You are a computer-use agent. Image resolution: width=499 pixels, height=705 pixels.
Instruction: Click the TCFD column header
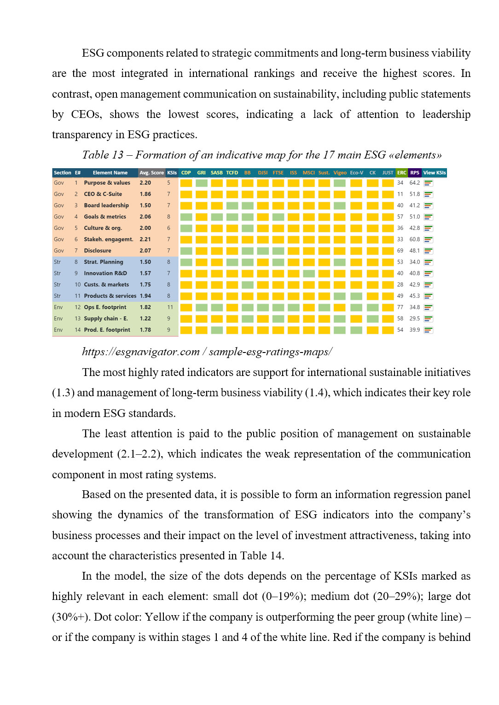(x=232, y=173)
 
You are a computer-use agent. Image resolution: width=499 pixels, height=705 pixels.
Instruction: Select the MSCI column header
(x=308, y=173)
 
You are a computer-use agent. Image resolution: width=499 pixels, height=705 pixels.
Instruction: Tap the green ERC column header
(x=401, y=173)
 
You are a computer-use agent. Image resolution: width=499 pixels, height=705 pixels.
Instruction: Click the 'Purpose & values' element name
(x=107, y=183)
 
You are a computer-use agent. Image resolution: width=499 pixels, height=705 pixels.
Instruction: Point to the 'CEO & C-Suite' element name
(x=103, y=194)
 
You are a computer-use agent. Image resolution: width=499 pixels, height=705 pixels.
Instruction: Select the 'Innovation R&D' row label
(x=105, y=273)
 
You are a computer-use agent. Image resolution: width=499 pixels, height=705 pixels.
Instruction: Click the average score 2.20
(x=145, y=183)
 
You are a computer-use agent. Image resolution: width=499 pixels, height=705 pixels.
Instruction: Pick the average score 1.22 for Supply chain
(x=145, y=318)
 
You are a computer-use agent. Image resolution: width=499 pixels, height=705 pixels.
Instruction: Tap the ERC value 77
(x=400, y=307)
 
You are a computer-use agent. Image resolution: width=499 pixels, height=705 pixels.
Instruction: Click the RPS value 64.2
(x=414, y=183)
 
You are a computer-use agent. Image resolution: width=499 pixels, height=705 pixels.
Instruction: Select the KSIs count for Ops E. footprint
(x=170, y=307)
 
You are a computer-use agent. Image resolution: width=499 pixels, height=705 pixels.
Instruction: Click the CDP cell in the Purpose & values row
(x=186, y=183)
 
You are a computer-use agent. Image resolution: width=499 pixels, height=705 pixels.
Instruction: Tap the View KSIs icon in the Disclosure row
(x=428, y=251)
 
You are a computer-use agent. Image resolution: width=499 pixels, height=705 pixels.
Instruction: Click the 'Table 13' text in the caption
(x=103, y=155)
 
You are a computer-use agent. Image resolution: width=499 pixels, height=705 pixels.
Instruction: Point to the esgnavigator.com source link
(x=207, y=352)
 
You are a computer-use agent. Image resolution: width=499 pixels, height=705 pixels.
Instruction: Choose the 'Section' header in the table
(x=62, y=173)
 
